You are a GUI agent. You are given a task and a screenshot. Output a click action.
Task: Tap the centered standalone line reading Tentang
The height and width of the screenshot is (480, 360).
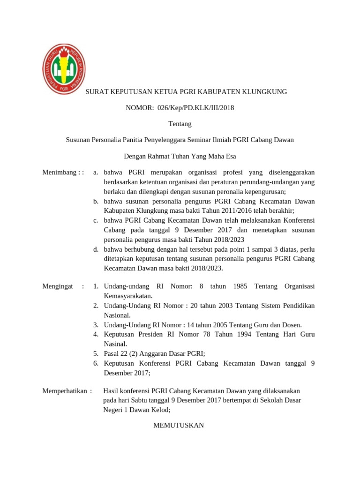180,124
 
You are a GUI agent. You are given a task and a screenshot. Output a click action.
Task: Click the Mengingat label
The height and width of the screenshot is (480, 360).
58,286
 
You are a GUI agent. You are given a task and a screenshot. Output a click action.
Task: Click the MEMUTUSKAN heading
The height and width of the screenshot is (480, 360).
179,425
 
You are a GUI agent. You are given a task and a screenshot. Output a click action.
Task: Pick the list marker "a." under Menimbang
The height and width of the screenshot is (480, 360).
96,172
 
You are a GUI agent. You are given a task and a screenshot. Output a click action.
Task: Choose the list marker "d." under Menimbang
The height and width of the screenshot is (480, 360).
96,249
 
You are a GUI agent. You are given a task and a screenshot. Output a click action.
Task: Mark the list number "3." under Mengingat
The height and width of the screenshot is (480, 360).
95,325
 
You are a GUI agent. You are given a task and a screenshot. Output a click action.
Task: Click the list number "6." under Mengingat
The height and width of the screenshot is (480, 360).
95,363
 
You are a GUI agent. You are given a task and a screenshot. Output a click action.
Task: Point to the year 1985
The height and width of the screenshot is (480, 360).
240,286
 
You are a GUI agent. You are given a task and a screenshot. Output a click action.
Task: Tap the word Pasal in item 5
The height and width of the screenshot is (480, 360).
112,353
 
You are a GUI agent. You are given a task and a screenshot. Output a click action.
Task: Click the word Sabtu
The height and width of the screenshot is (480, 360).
149,400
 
